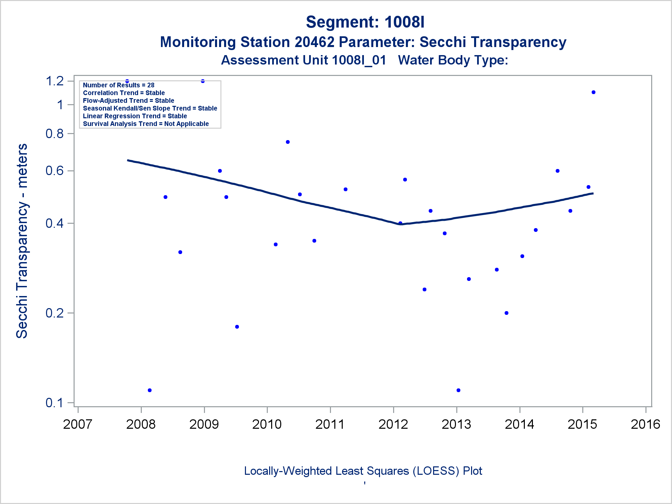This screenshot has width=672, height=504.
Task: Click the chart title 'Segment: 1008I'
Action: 365,22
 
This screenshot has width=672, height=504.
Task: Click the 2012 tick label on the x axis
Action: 393,424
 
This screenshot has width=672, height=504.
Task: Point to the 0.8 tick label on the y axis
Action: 55,134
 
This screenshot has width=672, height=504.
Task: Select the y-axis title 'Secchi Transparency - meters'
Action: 22,241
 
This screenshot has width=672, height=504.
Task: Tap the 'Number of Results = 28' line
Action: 119,85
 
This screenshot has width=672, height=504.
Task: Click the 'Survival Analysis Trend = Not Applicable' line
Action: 146,124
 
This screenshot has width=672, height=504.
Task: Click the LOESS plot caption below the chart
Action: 363,471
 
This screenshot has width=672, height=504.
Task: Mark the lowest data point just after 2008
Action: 150,390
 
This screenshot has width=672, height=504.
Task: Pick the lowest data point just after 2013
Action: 459,390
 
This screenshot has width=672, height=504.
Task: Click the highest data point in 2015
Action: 594,92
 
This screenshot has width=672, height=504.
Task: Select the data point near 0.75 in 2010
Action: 288,142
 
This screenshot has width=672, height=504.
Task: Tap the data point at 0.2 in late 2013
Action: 507,313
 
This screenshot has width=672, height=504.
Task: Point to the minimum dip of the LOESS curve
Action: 401,224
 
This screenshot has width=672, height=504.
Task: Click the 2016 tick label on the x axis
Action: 645,424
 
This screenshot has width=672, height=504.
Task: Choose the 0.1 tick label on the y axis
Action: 55,403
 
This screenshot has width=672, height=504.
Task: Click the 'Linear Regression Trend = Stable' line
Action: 135,116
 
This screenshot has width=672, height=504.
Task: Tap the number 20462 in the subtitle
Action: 314,42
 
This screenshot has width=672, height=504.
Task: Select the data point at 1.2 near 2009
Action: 203,81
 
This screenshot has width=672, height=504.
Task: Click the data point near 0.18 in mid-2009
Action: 237,327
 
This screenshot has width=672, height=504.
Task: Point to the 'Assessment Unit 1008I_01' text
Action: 303,60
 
